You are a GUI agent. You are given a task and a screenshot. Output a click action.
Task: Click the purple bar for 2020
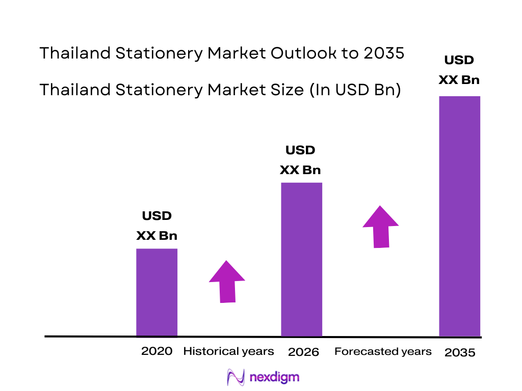(156, 292)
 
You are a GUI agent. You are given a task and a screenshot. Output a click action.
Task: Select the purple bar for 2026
(302, 259)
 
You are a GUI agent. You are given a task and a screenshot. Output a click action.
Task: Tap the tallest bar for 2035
(460, 216)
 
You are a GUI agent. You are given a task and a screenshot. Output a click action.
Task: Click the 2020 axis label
(156, 351)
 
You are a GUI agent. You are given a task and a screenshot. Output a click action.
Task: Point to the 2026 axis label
(303, 352)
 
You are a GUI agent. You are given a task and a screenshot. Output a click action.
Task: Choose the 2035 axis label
(460, 352)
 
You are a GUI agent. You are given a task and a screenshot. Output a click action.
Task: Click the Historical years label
(228, 351)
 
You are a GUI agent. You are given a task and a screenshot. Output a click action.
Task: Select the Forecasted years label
(383, 351)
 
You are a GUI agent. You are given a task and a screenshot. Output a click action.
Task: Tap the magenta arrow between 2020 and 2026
(227, 283)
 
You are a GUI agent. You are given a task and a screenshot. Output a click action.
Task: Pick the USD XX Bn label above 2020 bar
(156, 226)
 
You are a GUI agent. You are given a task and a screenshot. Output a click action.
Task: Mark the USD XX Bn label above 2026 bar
(300, 160)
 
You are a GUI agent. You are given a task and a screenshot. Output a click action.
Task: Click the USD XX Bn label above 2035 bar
(459, 70)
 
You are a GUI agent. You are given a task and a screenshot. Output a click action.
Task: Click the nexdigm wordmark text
(275, 377)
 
